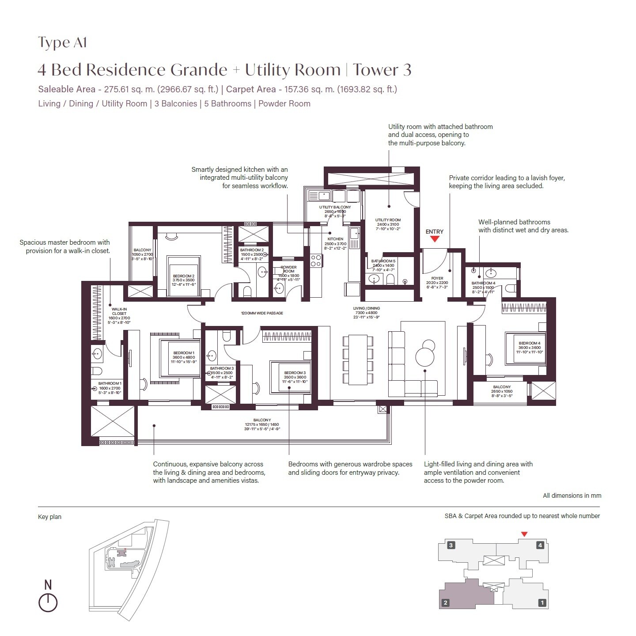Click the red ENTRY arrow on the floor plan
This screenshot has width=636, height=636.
(x=435, y=239)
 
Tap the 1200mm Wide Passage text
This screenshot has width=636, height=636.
(x=262, y=313)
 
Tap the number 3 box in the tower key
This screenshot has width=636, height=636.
(x=451, y=545)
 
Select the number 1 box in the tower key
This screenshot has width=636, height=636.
(x=542, y=602)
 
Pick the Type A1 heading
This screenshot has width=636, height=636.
(x=62, y=42)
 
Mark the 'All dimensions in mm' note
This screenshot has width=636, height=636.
(x=572, y=496)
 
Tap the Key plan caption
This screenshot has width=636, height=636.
(x=49, y=517)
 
